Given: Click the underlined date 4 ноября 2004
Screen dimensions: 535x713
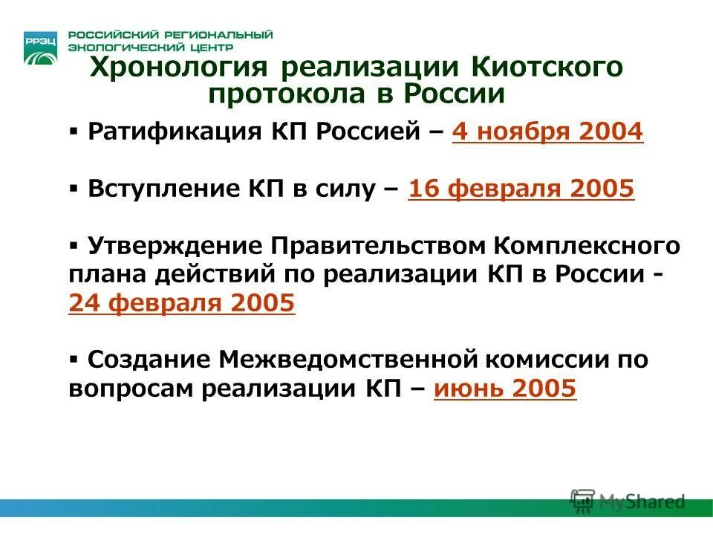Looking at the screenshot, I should (x=547, y=132).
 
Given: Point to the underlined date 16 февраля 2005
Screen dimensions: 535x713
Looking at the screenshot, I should (x=521, y=189).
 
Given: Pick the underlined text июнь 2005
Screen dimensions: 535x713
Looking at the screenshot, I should (x=505, y=388).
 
